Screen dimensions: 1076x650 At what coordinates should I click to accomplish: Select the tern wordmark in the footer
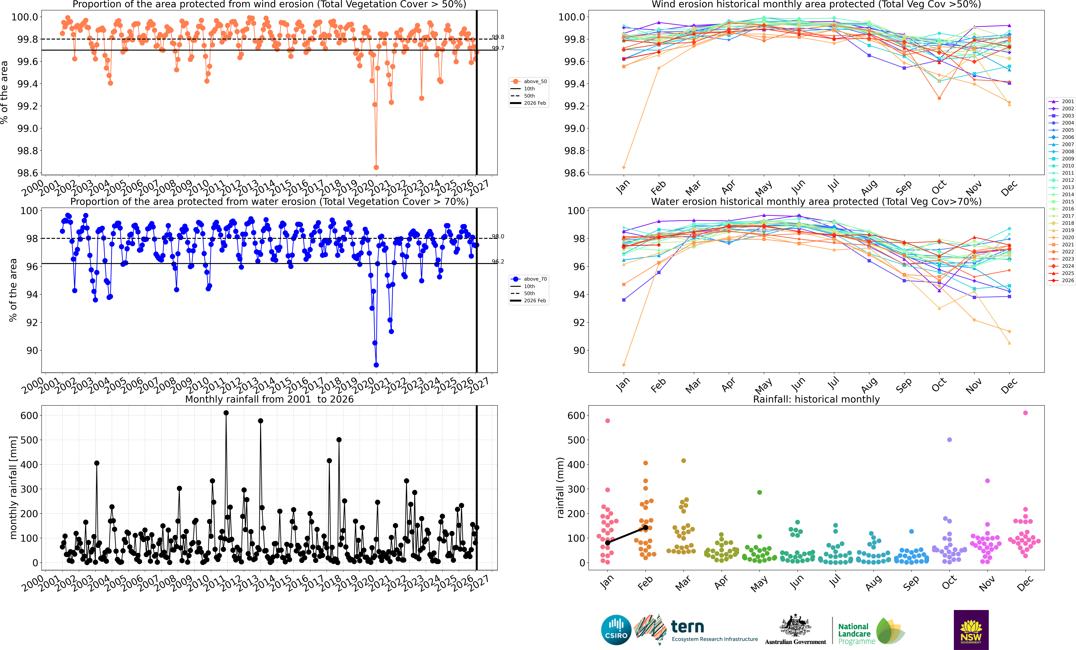(x=687, y=627)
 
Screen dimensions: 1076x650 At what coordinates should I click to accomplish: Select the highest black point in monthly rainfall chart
(x=226, y=413)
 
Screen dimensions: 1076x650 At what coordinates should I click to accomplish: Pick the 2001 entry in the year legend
(x=1061, y=101)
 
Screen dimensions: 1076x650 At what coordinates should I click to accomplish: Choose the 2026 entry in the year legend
(x=1061, y=280)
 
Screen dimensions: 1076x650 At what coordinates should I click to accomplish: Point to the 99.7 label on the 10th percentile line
(x=498, y=48)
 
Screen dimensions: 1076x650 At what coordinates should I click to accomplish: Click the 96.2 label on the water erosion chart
(x=498, y=261)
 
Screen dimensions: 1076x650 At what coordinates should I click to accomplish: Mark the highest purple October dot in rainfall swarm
(x=949, y=440)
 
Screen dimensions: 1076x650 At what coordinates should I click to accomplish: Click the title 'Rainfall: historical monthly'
(x=816, y=399)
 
